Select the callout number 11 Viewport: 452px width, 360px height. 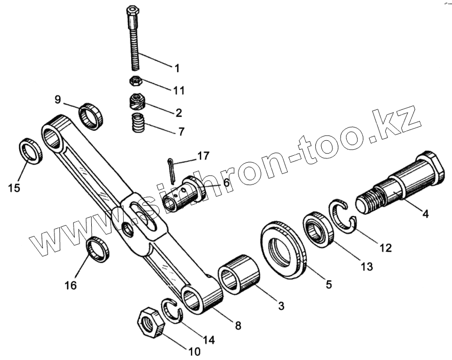178,90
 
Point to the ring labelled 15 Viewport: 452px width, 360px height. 30,151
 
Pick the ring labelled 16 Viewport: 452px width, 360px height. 98,249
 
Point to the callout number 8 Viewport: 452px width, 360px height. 238,325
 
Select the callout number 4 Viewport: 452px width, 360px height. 425,214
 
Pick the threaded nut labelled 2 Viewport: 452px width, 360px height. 139,101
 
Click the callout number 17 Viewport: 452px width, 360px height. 203,156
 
